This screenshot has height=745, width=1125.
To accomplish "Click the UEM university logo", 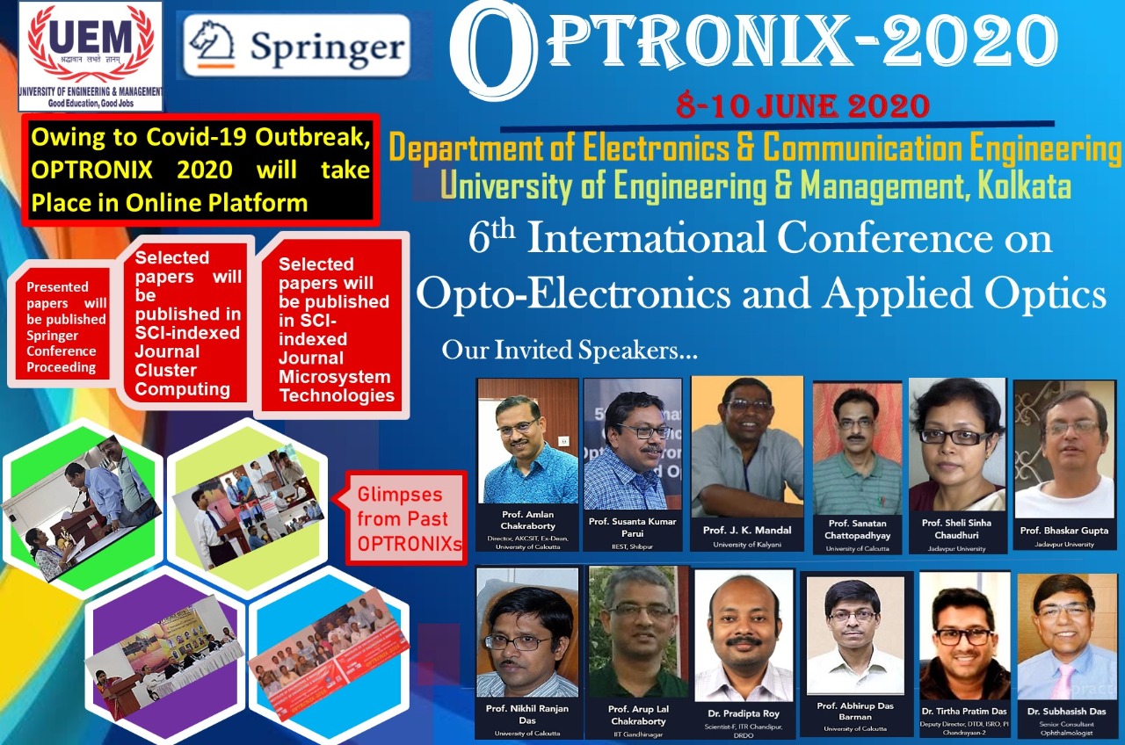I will (91, 54).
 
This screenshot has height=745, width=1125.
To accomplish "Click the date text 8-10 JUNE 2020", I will (802, 106).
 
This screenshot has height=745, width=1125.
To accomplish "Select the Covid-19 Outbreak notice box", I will (200, 170).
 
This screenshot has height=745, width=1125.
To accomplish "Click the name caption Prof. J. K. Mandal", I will (747, 530).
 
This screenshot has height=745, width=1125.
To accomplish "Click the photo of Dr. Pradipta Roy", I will (744, 636).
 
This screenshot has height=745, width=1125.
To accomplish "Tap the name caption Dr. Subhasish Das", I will (1066, 711).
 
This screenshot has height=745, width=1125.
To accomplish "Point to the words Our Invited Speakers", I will (569, 351).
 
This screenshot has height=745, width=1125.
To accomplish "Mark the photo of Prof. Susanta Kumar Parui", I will (633, 444).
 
